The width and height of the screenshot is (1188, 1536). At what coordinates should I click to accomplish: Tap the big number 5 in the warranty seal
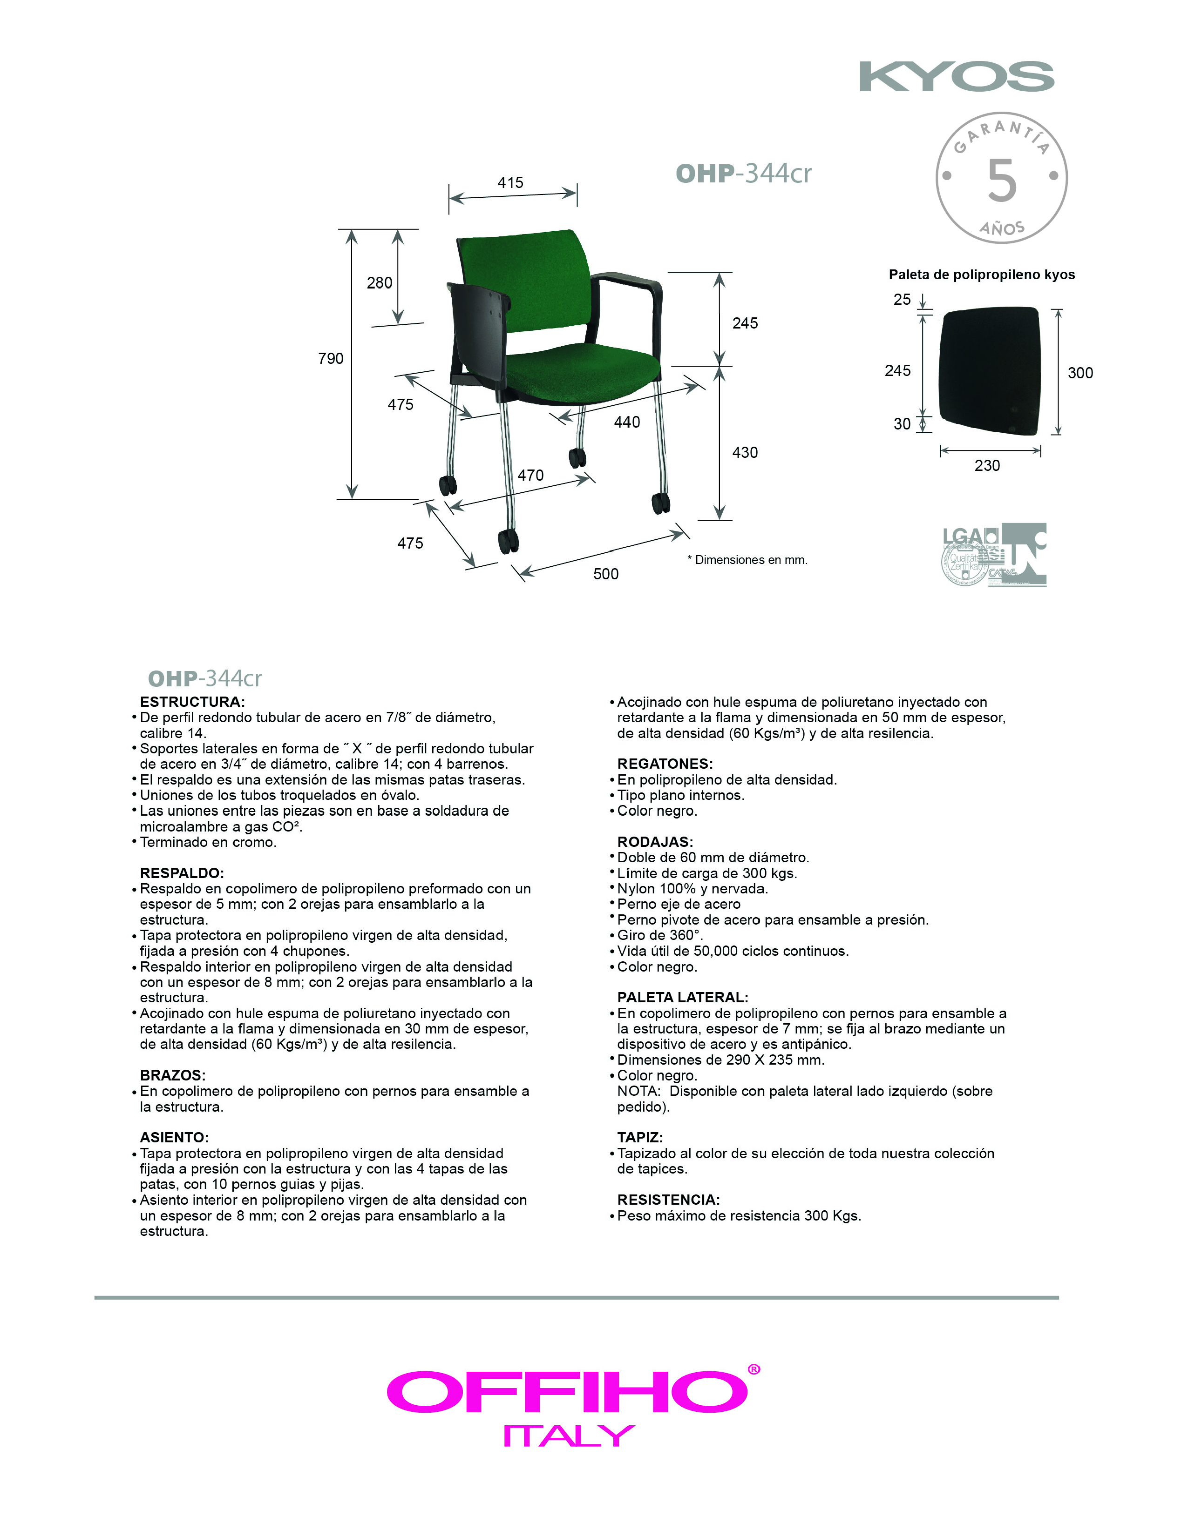point(1002,180)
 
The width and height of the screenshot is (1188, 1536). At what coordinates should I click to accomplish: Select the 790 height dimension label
point(330,359)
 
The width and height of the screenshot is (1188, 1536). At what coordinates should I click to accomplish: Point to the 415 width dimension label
point(510,183)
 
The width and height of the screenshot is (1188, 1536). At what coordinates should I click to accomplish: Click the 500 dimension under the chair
point(605,574)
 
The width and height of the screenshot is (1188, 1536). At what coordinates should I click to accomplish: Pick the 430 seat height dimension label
point(745,452)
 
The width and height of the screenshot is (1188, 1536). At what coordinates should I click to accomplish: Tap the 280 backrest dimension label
point(380,283)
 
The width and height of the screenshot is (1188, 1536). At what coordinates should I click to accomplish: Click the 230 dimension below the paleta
point(987,466)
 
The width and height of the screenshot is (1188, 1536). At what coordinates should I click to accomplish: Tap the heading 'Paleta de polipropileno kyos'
point(981,274)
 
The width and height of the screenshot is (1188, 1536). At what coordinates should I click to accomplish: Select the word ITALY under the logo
point(569,1435)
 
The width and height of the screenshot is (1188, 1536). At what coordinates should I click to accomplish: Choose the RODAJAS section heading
point(654,842)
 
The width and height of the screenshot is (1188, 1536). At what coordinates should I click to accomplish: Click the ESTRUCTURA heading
point(192,702)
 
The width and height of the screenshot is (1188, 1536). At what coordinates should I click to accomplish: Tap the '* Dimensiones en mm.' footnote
point(747,560)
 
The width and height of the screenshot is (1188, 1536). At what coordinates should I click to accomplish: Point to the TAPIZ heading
point(640,1137)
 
